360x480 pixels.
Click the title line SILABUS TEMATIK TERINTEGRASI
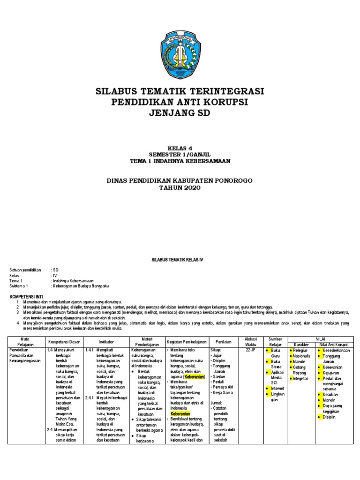[x=180, y=90]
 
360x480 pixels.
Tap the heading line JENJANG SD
[x=180, y=113]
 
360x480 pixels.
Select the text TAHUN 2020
[x=180, y=188]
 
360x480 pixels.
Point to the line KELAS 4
[x=180, y=147]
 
